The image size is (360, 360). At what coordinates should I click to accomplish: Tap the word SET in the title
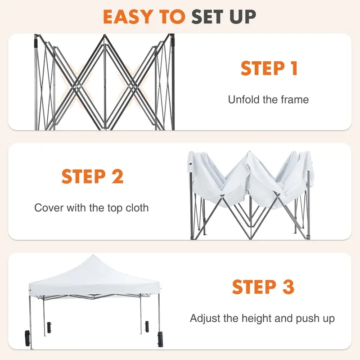[x=205, y=17]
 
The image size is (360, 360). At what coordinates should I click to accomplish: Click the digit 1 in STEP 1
[x=294, y=68]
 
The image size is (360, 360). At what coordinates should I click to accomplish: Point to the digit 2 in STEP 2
[x=118, y=176]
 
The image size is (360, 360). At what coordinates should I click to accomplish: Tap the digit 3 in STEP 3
[x=288, y=287]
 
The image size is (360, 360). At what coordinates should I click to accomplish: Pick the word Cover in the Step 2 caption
[x=49, y=208]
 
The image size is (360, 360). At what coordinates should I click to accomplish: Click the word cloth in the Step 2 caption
[x=137, y=208]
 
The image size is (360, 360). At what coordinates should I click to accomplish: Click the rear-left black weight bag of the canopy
[x=49, y=328]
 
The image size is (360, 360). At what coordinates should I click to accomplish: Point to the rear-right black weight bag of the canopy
[x=147, y=326]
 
